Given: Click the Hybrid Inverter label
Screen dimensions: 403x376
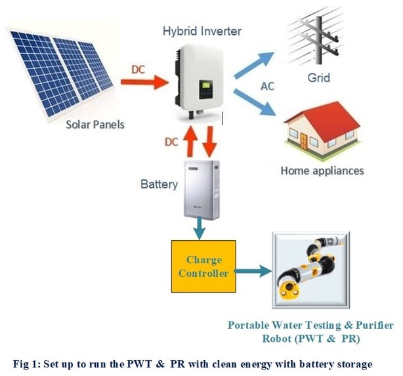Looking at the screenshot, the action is pyautogui.click(x=202, y=31).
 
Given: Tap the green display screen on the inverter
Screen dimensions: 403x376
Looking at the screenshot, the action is pyautogui.click(x=205, y=85).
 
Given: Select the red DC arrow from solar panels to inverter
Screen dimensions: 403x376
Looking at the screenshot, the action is pyautogui.click(x=144, y=82).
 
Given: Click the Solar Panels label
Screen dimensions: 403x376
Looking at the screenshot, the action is pyautogui.click(x=95, y=125).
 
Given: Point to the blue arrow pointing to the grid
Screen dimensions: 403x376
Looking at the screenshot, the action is pyautogui.click(x=254, y=64).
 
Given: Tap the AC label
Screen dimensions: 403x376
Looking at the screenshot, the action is pyautogui.click(x=268, y=87).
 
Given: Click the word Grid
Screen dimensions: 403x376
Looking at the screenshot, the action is pyautogui.click(x=319, y=77).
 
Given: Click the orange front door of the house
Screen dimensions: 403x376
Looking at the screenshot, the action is pyautogui.click(x=303, y=142).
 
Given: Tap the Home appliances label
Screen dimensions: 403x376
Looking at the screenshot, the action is pyautogui.click(x=322, y=171).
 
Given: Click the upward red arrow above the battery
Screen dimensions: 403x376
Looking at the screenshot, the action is pyautogui.click(x=190, y=141).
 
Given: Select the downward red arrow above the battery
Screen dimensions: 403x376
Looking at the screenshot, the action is pyautogui.click(x=210, y=142).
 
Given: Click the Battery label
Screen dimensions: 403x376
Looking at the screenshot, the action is pyautogui.click(x=159, y=184).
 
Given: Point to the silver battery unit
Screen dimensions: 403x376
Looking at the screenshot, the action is pyautogui.click(x=201, y=190).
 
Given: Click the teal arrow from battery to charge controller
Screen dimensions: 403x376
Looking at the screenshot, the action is pyautogui.click(x=200, y=228).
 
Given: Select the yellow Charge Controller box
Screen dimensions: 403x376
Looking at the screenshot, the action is pyautogui.click(x=203, y=266).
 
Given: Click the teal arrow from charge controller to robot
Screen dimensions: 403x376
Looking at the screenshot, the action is pyautogui.click(x=253, y=271).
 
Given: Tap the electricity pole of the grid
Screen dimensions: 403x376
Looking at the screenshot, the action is pyautogui.click(x=319, y=40).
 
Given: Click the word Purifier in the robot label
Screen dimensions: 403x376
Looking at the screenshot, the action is pyautogui.click(x=375, y=325).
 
